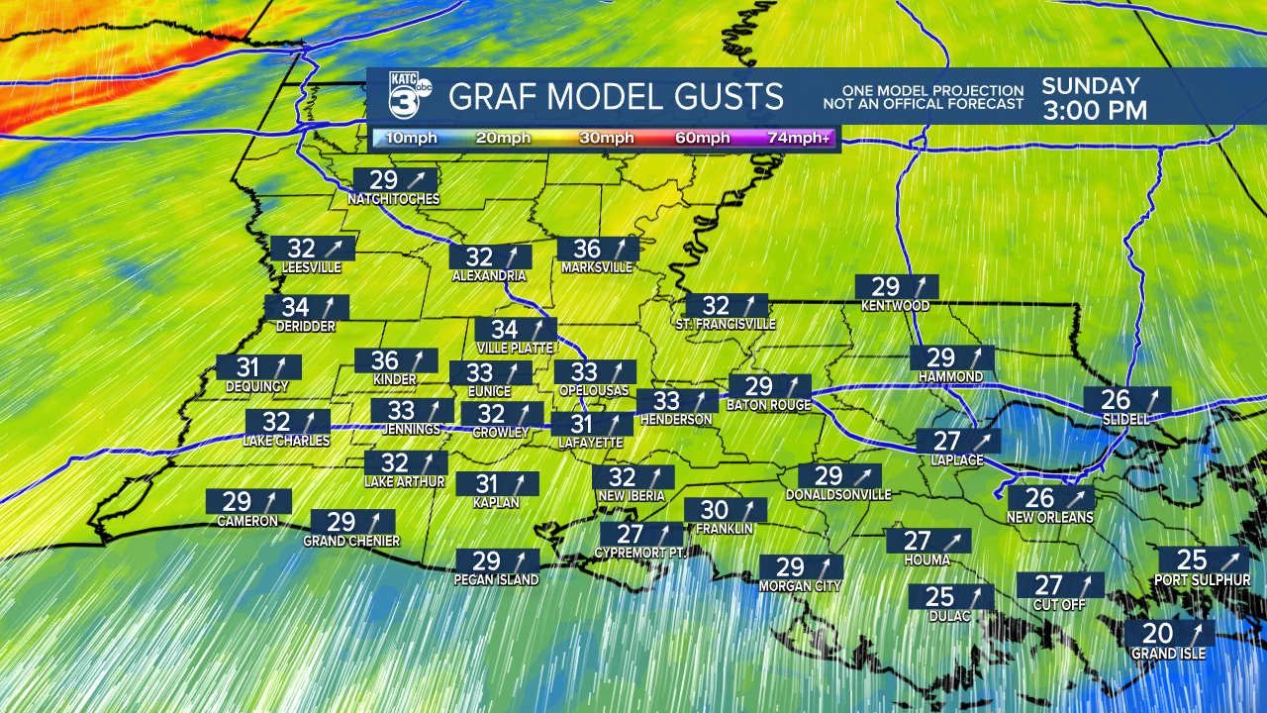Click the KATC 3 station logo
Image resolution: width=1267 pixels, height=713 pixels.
coord(409,96)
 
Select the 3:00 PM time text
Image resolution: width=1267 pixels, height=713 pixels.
coord(1094,111)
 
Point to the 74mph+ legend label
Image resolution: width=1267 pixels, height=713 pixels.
coord(800,138)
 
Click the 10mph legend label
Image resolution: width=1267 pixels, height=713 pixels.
coord(407,138)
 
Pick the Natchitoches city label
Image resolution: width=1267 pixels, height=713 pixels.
coord(393,199)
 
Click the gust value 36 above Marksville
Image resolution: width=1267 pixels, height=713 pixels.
coord(587,249)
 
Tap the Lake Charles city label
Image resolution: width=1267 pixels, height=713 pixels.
coord(287,441)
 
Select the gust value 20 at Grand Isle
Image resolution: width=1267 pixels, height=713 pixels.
coord(1157,634)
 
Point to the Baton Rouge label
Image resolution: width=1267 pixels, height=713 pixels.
coord(769,405)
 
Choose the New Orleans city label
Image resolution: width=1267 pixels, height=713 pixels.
coord(1050,517)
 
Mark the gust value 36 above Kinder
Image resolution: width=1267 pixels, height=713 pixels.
coord(384,360)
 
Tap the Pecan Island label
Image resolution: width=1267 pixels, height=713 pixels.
coord(497,580)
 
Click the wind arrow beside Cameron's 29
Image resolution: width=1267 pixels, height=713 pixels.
coord(271,501)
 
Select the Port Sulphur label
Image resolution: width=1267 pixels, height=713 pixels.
coord(1202,579)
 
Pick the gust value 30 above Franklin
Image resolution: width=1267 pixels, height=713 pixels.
coord(714,510)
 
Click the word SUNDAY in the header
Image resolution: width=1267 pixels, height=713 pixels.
coord(1091,86)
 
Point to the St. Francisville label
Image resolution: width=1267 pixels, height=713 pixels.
coord(726,324)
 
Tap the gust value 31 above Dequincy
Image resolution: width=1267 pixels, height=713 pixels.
coord(246,367)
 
